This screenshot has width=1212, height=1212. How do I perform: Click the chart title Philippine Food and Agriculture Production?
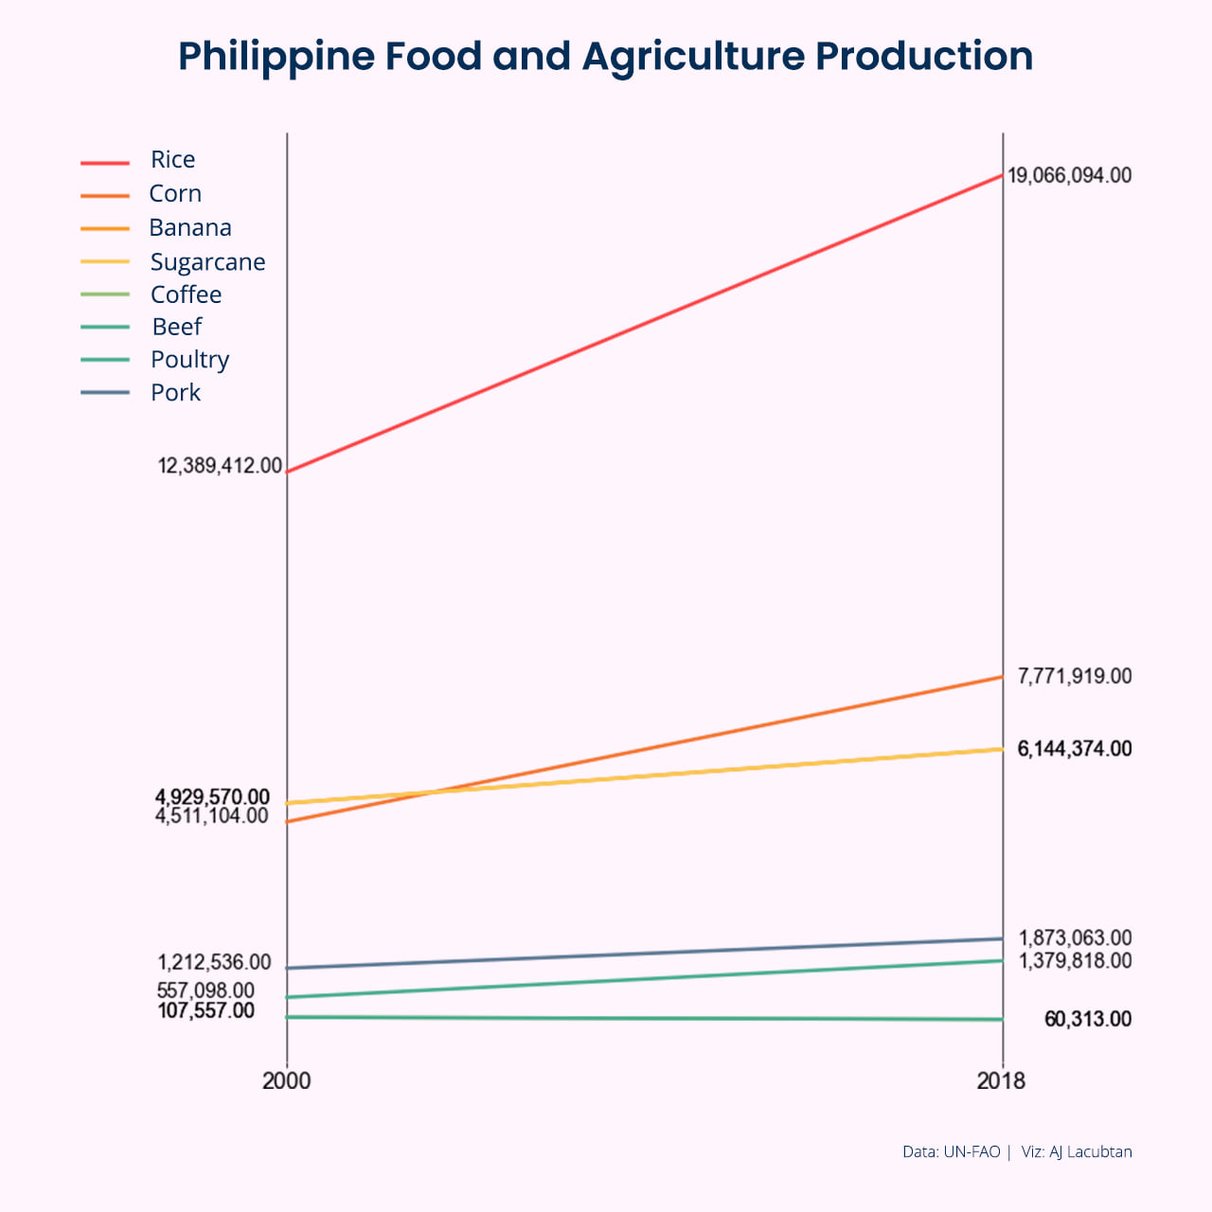pos(606,57)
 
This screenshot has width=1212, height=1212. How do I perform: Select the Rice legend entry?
pos(172,160)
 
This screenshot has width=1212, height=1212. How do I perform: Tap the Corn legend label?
pos(175,194)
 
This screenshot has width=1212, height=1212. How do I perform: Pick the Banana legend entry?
pos(189,228)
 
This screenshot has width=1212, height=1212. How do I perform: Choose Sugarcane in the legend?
pos(207,262)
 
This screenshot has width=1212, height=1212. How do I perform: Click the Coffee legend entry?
pos(186,295)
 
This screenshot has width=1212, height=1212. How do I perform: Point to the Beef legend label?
pos(177,328)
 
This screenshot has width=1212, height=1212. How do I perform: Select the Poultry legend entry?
pos(189,360)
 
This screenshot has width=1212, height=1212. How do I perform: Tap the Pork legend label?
pos(175,393)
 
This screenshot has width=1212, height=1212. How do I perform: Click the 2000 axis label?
pos(286,1081)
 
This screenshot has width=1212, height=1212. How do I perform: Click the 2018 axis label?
pos(1001,1081)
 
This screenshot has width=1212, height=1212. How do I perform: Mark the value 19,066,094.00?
pos(1069,176)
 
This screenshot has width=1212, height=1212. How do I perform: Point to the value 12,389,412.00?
pos(220,466)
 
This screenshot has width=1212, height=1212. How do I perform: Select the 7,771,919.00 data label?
pos(1074,676)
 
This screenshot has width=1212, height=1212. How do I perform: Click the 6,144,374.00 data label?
pos(1074,749)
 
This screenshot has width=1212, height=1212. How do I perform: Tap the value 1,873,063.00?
pos(1075,937)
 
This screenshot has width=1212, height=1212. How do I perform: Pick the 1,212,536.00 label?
pos(214,963)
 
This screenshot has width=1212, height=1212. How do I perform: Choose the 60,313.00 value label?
pos(1087,1020)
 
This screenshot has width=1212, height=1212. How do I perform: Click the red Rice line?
pos(644,324)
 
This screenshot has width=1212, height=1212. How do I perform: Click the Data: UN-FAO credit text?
pos(951,1152)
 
